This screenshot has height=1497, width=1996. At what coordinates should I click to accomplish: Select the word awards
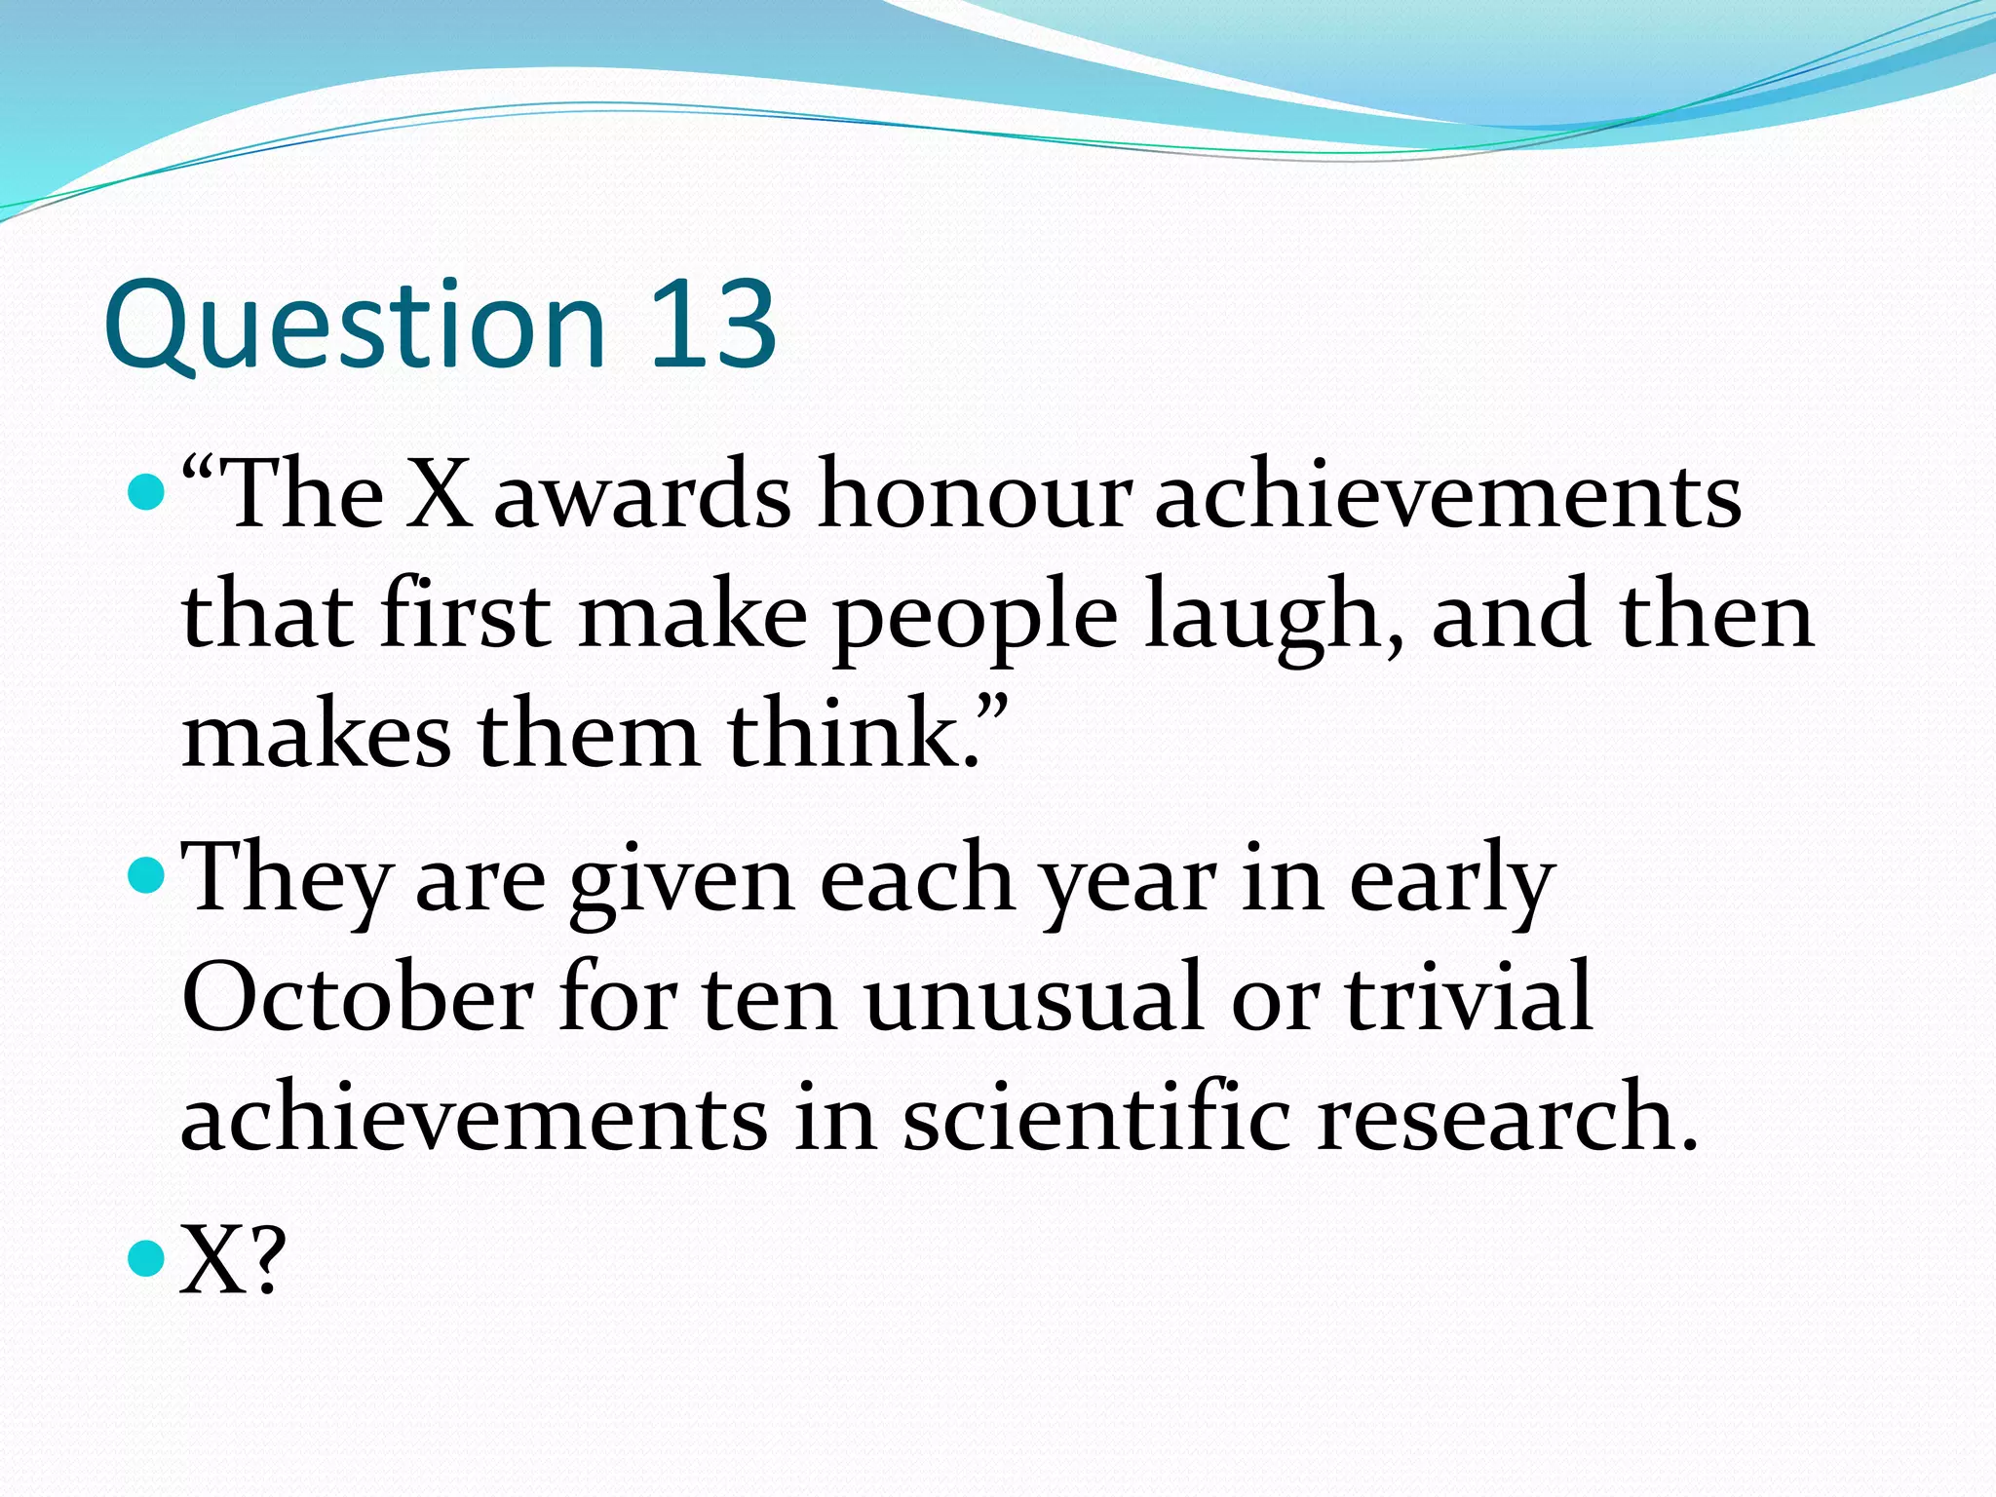(x=642, y=497)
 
